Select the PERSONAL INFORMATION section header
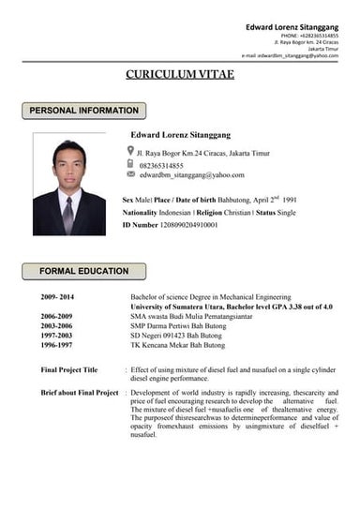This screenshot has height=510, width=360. point(83,111)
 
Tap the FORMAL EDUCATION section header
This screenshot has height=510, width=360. point(83,271)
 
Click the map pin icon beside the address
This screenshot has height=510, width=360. point(130,150)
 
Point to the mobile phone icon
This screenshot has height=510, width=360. point(130,163)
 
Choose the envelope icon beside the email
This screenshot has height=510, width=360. point(130,174)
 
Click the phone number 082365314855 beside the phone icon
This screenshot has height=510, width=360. point(164,165)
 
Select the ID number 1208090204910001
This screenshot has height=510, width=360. point(188,225)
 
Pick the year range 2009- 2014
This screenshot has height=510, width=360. point(58,296)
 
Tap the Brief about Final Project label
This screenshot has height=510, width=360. point(79,392)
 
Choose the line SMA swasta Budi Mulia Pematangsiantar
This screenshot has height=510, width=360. point(192,315)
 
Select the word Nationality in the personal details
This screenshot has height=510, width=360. point(141,213)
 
